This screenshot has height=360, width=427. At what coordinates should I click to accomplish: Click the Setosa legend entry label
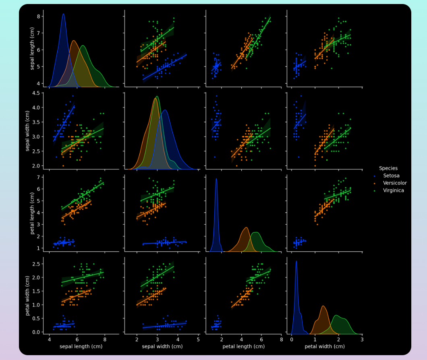[x=391, y=176]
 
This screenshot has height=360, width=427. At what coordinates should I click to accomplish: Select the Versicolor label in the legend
[x=395, y=183]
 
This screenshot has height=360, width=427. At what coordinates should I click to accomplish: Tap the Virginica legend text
[x=393, y=190]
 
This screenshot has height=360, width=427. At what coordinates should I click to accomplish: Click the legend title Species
[x=388, y=168]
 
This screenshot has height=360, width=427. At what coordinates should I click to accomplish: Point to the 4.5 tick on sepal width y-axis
[x=36, y=93]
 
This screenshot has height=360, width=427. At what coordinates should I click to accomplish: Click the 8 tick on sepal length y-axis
[x=39, y=16]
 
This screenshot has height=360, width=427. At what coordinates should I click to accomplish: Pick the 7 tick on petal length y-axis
[x=39, y=177]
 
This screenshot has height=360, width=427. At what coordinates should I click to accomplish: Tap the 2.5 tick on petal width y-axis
[x=36, y=264]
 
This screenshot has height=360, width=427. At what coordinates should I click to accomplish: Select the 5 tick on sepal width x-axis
[x=198, y=340]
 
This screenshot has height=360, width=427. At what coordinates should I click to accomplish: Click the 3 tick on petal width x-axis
[x=362, y=340]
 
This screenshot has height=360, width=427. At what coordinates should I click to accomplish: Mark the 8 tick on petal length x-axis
[x=281, y=340]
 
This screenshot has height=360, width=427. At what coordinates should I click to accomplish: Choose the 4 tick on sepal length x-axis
[x=49, y=340]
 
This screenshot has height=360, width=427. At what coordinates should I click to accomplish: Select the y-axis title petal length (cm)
[x=32, y=213]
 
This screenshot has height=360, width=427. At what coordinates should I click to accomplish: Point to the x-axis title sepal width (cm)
[x=162, y=346]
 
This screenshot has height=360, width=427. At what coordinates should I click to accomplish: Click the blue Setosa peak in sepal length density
[x=63, y=14]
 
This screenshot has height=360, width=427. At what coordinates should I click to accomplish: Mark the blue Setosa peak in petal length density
[x=216, y=178]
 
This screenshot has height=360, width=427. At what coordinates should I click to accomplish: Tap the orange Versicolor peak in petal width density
[x=323, y=306]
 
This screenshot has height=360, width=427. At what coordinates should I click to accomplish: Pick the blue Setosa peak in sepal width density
[x=164, y=110]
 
